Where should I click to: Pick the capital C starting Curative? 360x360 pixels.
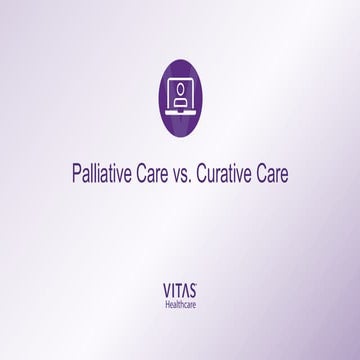point(212,172)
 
